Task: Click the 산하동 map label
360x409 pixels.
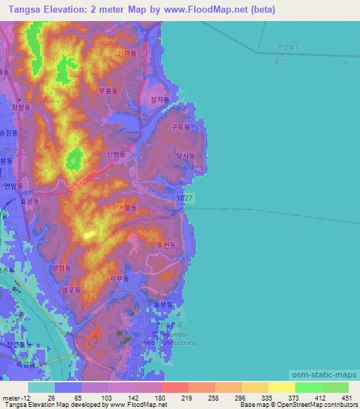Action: pos(127,53)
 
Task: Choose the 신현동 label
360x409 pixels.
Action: pos(115,154)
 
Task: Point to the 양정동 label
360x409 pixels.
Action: pos(62,268)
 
